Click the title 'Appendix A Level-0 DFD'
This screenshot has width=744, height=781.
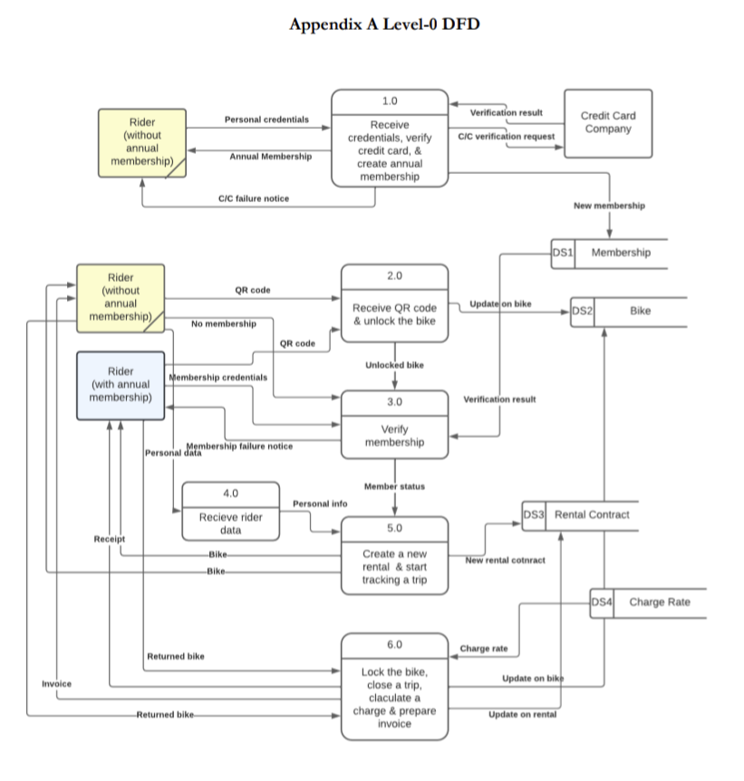(x=384, y=24)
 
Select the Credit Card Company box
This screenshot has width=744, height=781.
(x=607, y=122)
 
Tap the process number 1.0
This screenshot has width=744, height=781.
(x=390, y=101)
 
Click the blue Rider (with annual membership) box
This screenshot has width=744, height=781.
(x=121, y=385)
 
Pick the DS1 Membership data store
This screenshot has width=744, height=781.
(x=608, y=253)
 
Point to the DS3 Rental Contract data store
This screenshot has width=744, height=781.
(x=580, y=515)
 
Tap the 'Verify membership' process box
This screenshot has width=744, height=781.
(x=394, y=435)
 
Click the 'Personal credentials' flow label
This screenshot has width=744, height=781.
(x=266, y=120)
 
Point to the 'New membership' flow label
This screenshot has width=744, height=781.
(x=609, y=206)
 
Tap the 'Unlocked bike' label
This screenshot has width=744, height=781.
(x=394, y=365)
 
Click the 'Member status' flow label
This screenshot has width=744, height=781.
(x=394, y=487)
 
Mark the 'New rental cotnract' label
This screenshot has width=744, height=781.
(x=505, y=561)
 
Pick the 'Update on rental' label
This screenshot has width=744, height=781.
(x=523, y=715)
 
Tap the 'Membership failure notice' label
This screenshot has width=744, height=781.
(x=239, y=446)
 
